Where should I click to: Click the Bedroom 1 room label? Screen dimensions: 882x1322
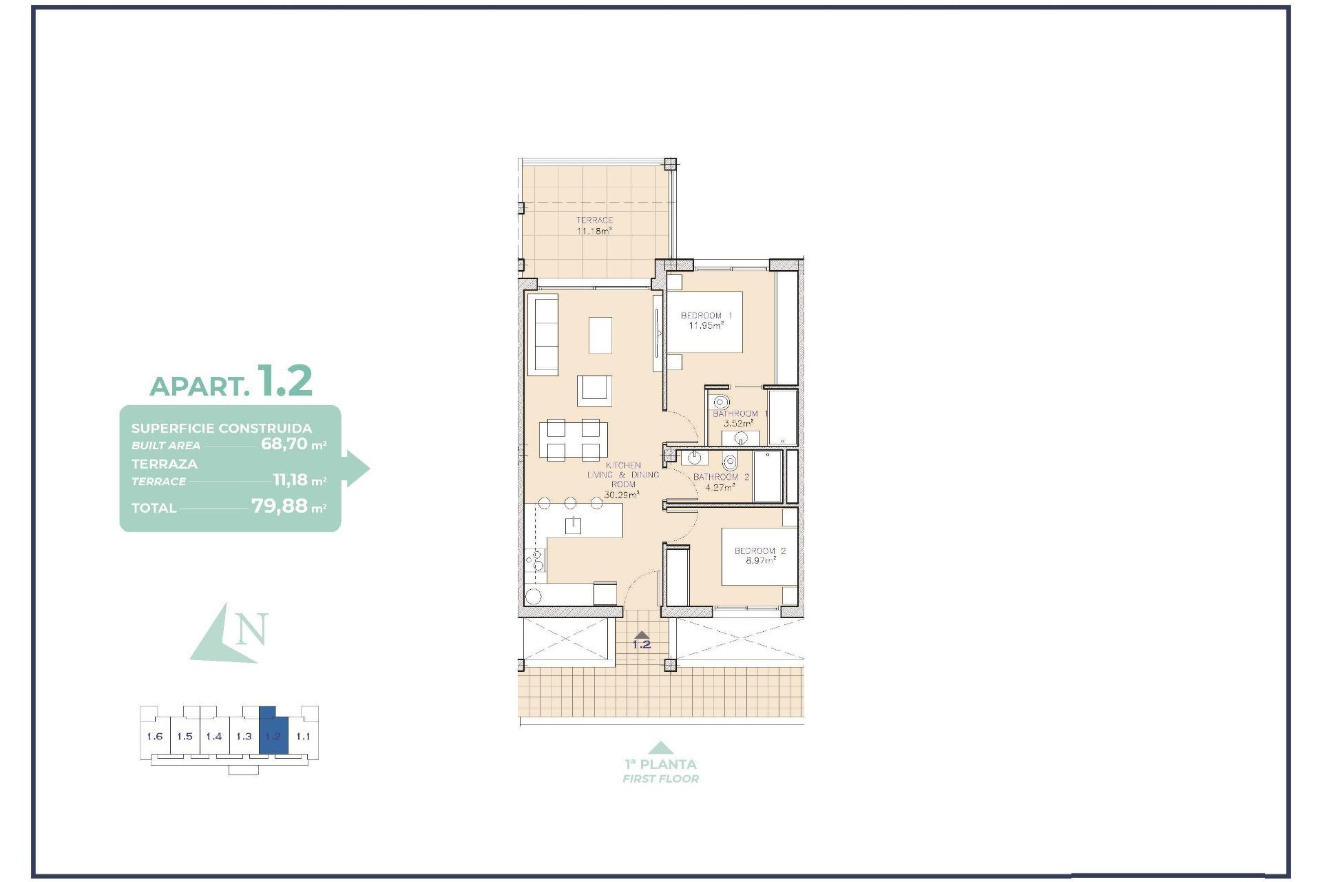pos(706,316)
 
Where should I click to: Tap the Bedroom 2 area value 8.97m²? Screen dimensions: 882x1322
pos(760,561)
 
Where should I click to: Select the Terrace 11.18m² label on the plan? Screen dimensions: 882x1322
pos(594,226)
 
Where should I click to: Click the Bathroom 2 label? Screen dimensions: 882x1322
pos(721,477)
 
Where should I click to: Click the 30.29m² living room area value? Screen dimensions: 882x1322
pos(621,495)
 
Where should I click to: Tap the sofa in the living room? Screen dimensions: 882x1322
pos(543,335)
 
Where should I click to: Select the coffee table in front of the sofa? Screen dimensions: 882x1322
pos(600,335)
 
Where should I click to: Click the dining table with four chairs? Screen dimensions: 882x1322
pos(573,440)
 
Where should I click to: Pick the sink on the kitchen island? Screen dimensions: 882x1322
pos(573,526)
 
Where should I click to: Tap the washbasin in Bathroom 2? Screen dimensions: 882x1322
pos(694,458)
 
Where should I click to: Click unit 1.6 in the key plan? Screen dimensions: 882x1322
pos(154,736)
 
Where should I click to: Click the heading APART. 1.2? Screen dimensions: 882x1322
pos(231,382)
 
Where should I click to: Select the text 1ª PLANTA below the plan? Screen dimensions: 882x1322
pos(660,764)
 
